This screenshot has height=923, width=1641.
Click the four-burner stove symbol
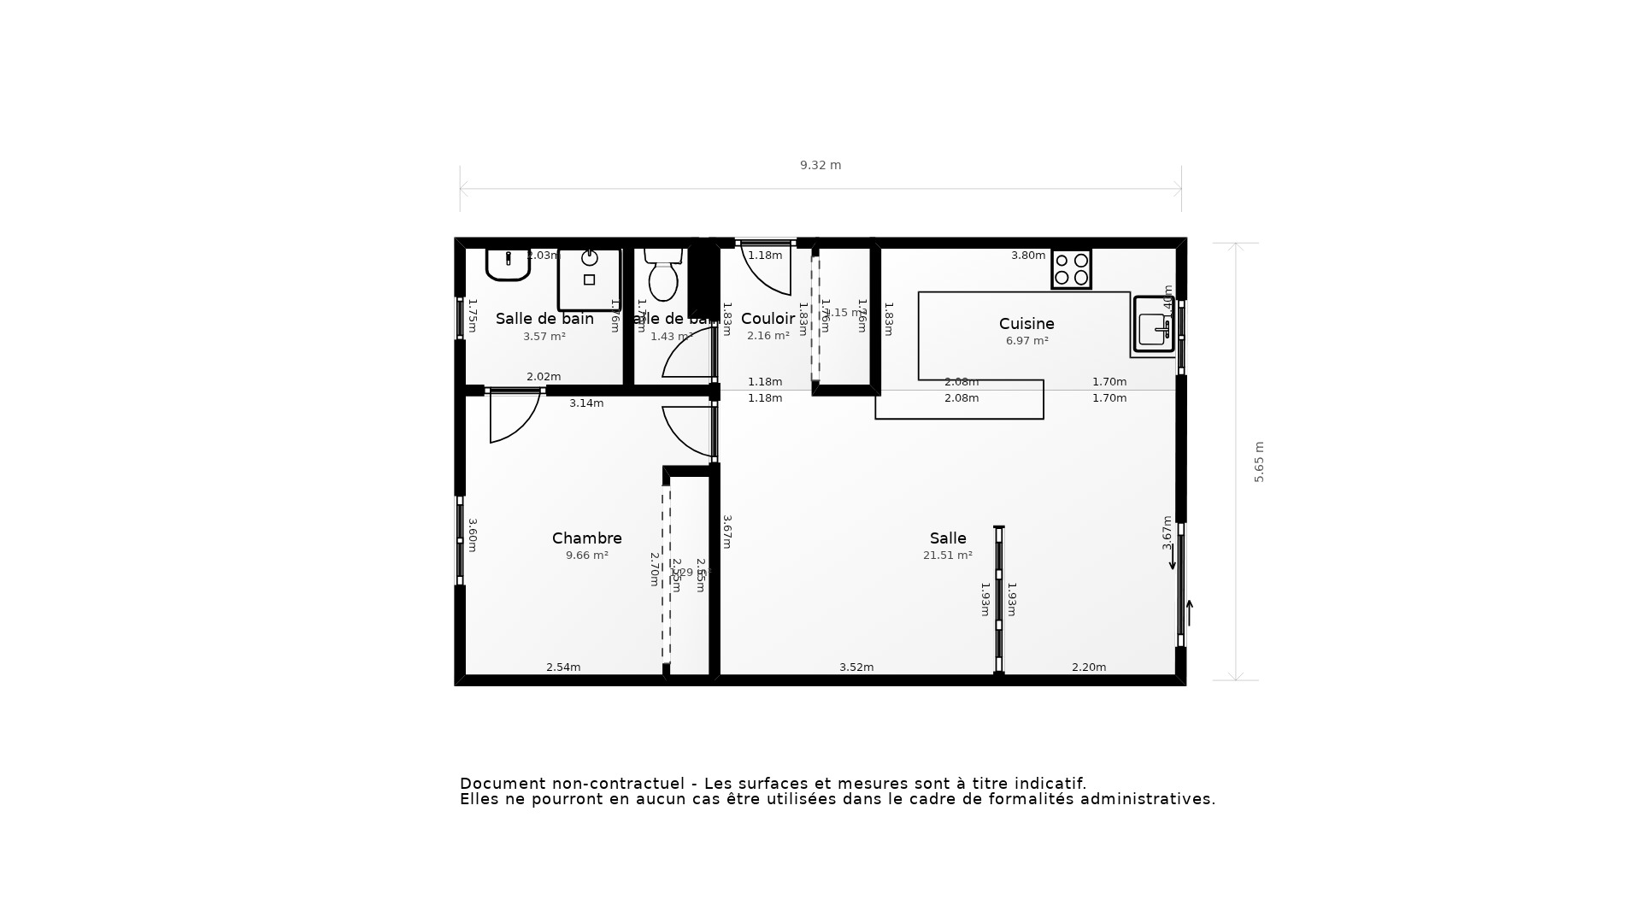tap(1071, 269)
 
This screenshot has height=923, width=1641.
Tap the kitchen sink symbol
tap(1153, 325)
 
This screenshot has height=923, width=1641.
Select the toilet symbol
tap(663, 274)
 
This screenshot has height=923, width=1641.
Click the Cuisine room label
tap(1026, 324)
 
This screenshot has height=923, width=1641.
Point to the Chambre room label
tap(586, 538)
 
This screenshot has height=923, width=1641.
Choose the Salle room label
tap(948, 538)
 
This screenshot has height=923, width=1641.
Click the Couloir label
tap(768, 319)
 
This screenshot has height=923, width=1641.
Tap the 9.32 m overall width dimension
tap(820, 165)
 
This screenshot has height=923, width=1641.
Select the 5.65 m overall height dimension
tap(1259, 462)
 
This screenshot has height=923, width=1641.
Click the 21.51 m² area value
tap(947, 556)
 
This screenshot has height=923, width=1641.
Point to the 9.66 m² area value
tap(586, 556)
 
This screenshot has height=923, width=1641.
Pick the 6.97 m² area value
tap(1026, 341)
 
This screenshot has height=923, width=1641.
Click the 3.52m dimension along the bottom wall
tap(856, 667)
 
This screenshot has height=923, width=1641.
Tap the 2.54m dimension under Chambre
tap(563, 667)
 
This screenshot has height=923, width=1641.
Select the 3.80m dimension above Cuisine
tap(1028, 256)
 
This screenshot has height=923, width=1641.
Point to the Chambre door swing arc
tap(513, 419)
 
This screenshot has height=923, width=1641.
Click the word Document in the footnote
tap(502, 784)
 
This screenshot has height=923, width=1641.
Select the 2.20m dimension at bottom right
tap(1089, 667)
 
